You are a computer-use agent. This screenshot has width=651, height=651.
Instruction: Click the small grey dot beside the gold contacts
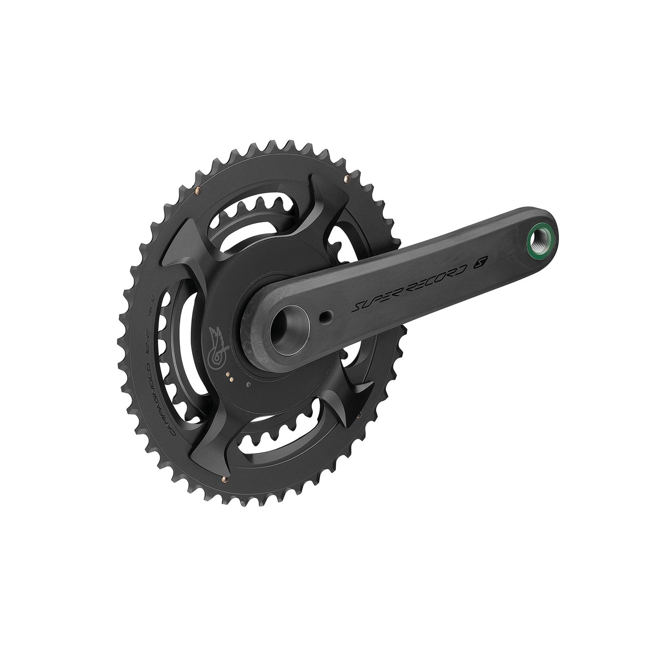click(x=248, y=385)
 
